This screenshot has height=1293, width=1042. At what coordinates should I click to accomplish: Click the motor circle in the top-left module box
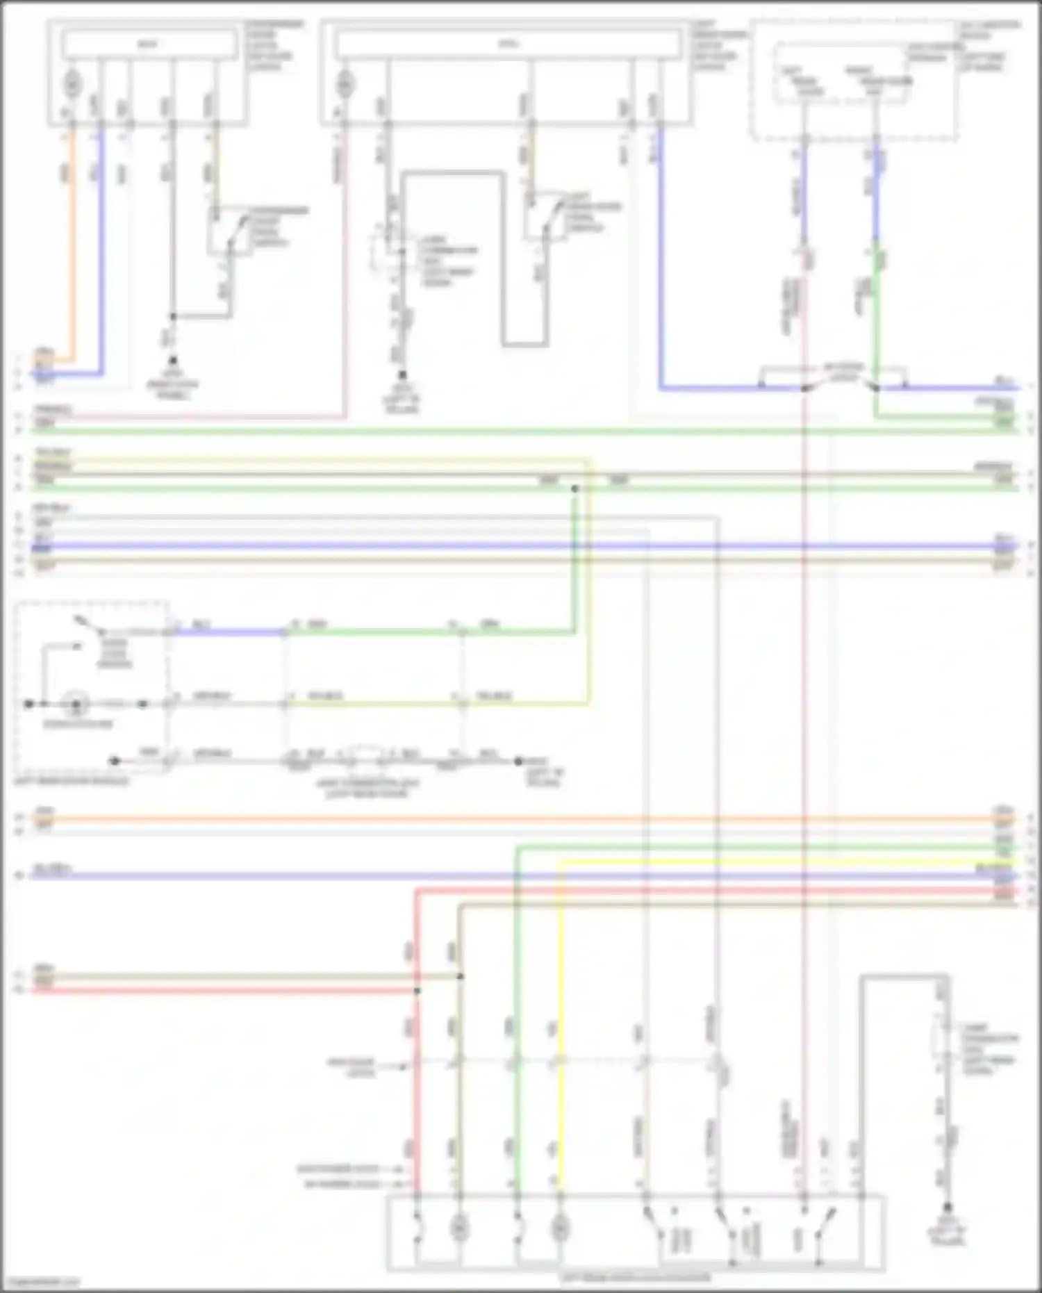pyautogui.click(x=72, y=84)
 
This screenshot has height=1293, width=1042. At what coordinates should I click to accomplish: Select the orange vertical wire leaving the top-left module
pyautogui.click(x=71, y=243)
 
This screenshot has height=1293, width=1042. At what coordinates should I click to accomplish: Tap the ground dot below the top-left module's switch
pyautogui.click(x=172, y=361)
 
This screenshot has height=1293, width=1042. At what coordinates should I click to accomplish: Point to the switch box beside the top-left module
pyautogui.click(x=230, y=231)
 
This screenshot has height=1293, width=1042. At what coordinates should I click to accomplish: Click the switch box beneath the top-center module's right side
pyautogui.click(x=546, y=221)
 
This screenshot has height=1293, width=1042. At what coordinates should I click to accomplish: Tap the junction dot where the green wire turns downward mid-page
pyautogui.click(x=574, y=489)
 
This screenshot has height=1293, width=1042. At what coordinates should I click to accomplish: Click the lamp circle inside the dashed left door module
pyautogui.click(x=76, y=705)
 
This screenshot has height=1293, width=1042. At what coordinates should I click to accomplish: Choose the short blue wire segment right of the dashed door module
pyautogui.click(x=229, y=632)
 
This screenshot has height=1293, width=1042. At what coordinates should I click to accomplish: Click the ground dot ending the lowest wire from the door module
pyautogui.click(x=518, y=761)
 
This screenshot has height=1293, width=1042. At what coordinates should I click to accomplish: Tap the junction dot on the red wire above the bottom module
pyautogui.click(x=417, y=990)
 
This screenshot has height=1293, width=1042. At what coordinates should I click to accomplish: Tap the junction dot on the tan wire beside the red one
pyautogui.click(x=460, y=976)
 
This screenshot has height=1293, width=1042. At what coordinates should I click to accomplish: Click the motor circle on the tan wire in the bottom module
pyautogui.click(x=458, y=1229)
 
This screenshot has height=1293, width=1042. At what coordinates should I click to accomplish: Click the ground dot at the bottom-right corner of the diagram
pyautogui.click(x=948, y=1208)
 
